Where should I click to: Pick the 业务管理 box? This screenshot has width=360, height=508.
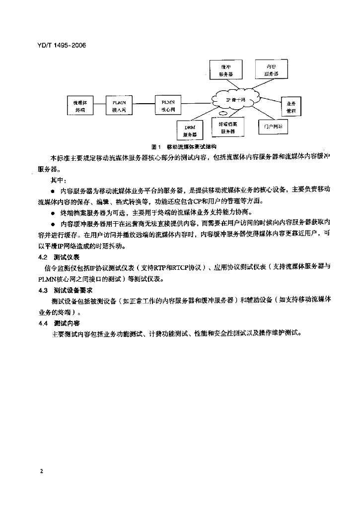[x=291, y=107]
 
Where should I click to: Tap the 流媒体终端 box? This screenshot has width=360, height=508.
[x=79, y=106]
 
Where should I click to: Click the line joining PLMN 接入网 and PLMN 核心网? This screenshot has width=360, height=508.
[x=144, y=104]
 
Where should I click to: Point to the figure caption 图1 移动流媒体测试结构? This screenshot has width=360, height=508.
[x=184, y=147]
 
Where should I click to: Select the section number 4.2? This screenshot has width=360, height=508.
[x=42, y=257]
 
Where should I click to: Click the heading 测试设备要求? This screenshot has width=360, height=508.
[x=70, y=291]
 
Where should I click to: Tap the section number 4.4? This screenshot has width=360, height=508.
[x=42, y=323]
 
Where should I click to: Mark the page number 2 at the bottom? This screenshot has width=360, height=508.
[x=41, y=469]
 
